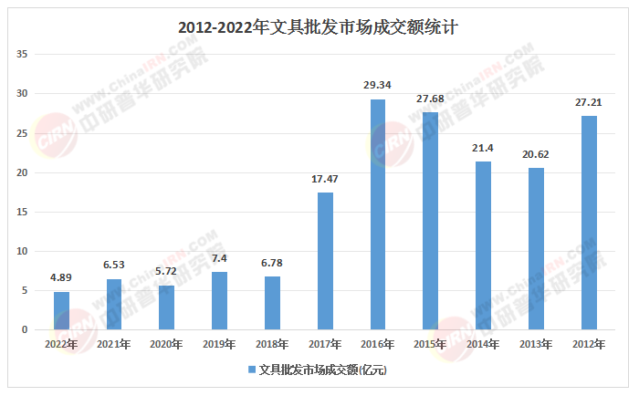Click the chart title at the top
tap(318, 27)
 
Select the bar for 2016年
tap(377, 214)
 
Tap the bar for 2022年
tap(61, 310)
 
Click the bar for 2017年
tap(325, 261)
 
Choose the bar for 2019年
tap(219, 300)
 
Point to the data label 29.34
tap(377, 86)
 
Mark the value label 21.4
tap(483, 149)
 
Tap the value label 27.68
tap(430, 99)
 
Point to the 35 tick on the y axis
tap(24, 55)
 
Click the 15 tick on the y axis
tap(24, 212)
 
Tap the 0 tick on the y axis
tap(26, 329)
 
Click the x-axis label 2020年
tap(166, 344)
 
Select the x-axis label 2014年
tap(483, 344)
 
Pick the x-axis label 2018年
tap(272, 344)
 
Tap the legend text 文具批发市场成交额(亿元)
tap(323, 370)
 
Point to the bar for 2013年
tap(536, 248)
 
